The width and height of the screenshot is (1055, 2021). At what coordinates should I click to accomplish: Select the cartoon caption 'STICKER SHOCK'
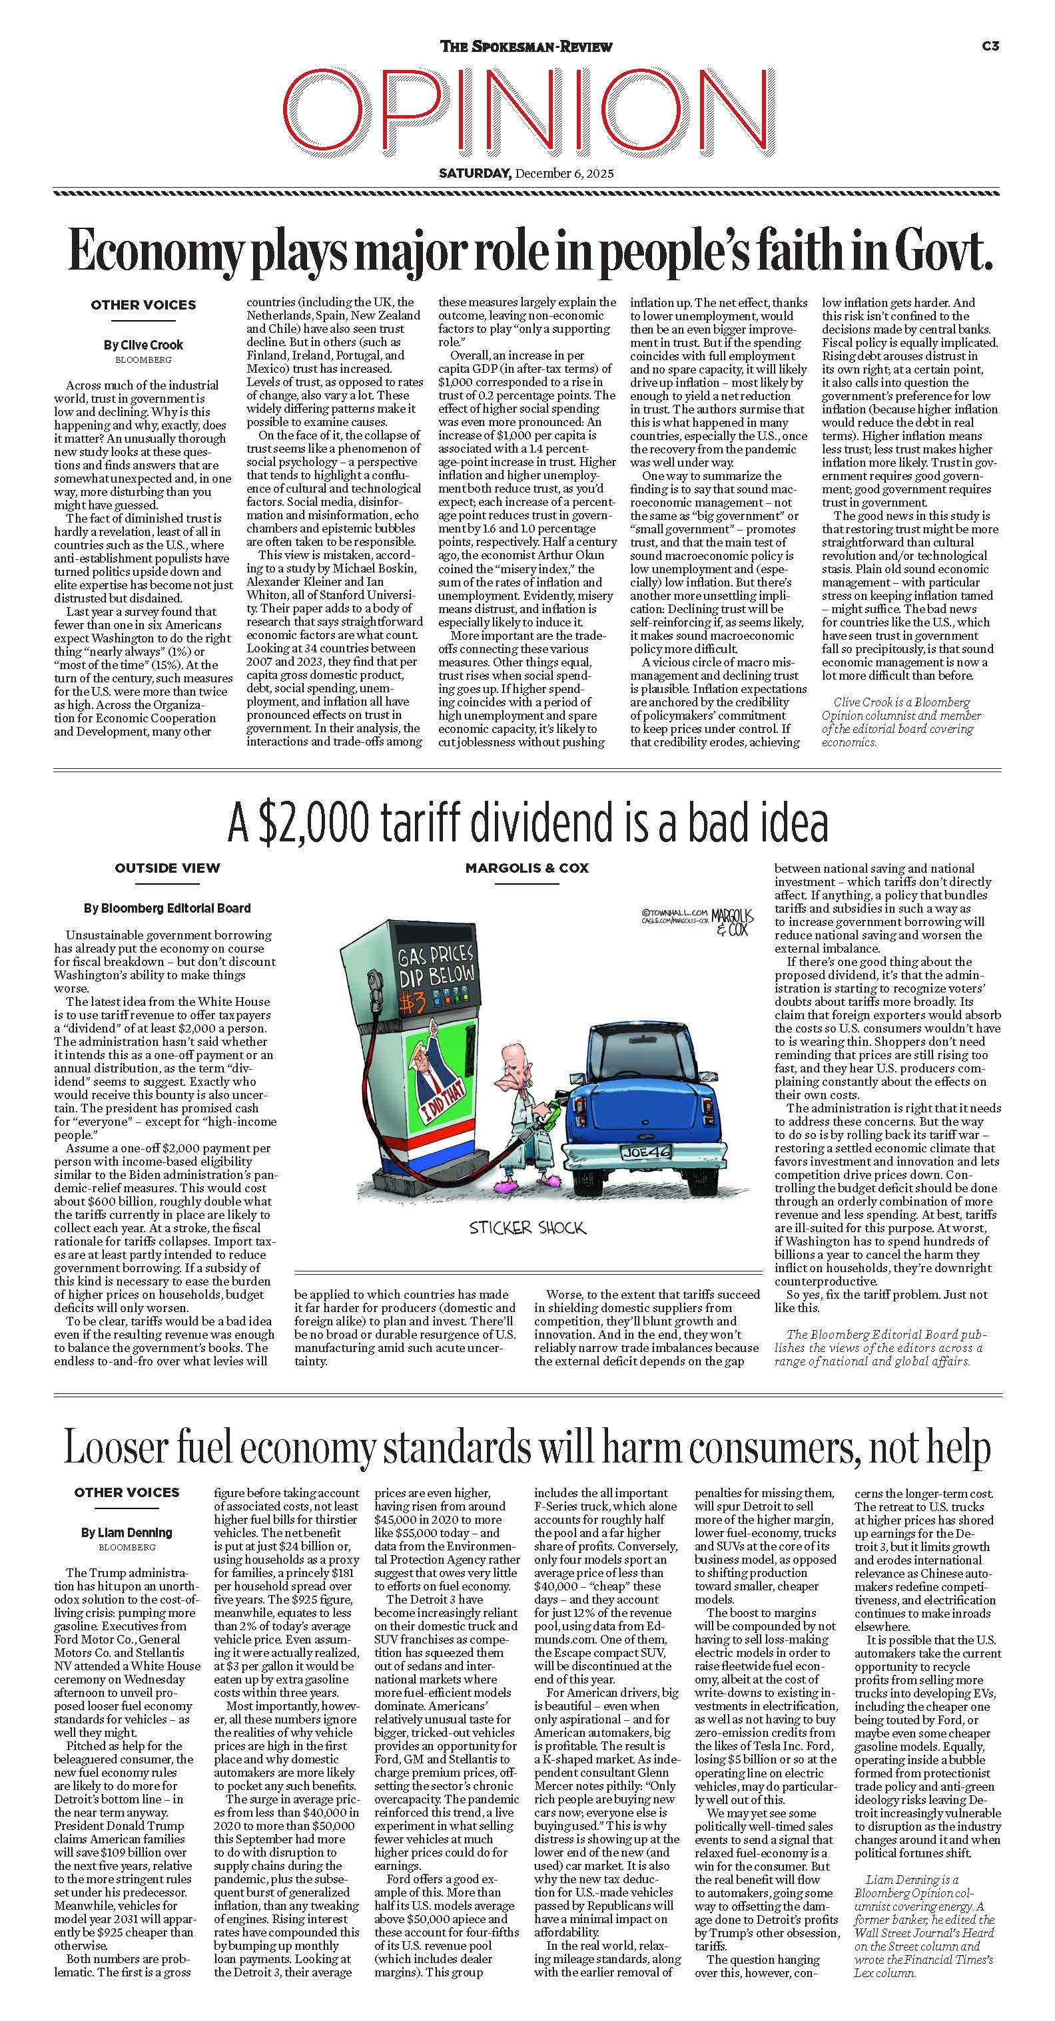pyautogui.click(x=527, y=1227)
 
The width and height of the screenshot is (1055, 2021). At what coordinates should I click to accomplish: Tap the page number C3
pyautogui.click(x=990, y=47)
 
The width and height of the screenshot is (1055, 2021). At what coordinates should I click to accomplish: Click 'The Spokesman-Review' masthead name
pyautogui.click(x=526, y=47)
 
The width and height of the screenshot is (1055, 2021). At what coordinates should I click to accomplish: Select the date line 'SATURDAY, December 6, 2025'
pyautogui.click(x=526, y=173)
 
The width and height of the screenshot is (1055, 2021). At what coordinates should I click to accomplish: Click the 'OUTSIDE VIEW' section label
pyautogui.click(x=167, y=868)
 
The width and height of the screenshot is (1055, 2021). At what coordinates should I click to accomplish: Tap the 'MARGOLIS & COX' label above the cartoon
pyautogui.click(x=527, y=868)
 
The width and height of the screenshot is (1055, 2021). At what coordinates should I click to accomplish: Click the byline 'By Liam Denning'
pyautogui.click(x=127, y=1532)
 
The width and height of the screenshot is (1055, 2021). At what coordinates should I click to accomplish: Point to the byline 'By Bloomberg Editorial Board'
pyautogui.click(x=167, y=908)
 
